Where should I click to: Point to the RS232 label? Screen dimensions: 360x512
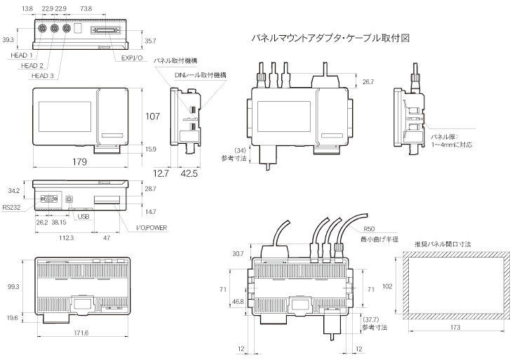[11, 207]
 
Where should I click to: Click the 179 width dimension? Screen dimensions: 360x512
[79, 163]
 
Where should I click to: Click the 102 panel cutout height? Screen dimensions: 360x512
[388, 286]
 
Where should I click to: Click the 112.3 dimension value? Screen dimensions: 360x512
[66, 238]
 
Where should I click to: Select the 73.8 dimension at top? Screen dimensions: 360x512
[86, 8]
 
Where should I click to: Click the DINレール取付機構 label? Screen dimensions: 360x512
[201, 74]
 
